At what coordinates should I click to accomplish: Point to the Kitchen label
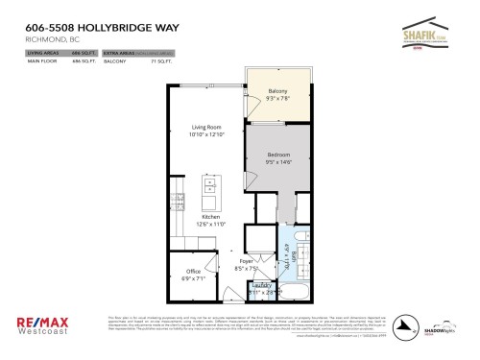coord(212,217)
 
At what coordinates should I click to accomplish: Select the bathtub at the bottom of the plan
coord(297,289)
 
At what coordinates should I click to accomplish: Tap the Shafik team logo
coord(430,35)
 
